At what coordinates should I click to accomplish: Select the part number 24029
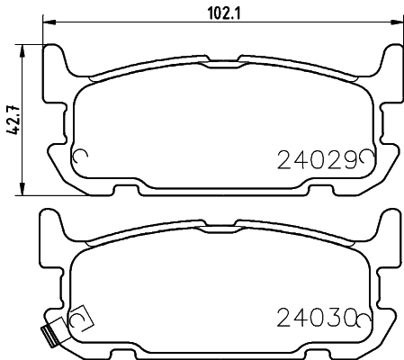314,159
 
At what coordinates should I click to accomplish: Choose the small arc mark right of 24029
366,158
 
